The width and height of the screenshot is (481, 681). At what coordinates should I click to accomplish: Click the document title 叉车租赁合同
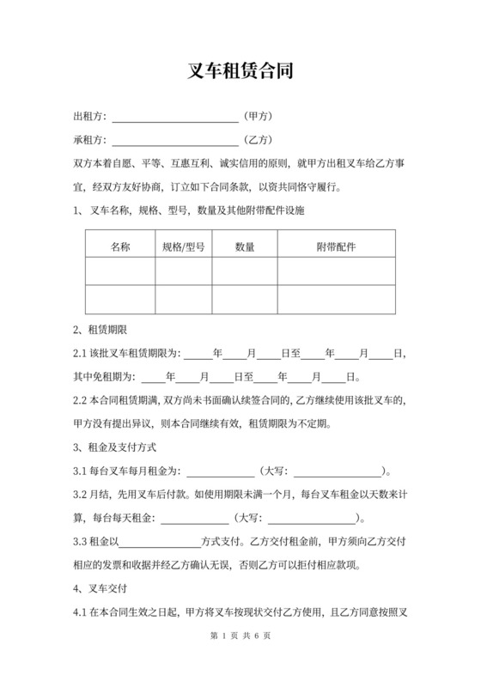pyautogui.click(x=240, y=71)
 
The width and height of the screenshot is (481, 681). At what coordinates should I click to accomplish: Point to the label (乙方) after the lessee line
pyautogui.click(x=258, y=139)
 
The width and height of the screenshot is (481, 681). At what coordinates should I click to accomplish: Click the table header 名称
pyautogui.click(x=120, y=247)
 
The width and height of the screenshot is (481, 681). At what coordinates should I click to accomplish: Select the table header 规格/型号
pyautogui.click(x=183, y=247)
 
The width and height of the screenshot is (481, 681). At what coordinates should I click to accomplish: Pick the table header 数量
pyautogui.click(x=244, y=247)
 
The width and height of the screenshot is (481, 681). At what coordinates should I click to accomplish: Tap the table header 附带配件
pyautogui.click(x=336, y=247)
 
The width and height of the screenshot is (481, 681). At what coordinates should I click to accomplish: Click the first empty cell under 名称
pyautogui.click(x=120, y=272)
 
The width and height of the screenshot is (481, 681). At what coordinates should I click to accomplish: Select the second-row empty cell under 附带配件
pyautogui.click(x=336, y=299)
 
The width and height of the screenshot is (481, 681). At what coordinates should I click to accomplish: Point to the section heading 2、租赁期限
pyautogui.click(x=100, y=330)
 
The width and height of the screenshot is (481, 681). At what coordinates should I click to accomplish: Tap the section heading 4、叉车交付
pyautogui.click(x=100, y=588)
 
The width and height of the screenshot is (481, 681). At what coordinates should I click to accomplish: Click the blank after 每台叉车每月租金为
pyautogui.click(x=220, y=471)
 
